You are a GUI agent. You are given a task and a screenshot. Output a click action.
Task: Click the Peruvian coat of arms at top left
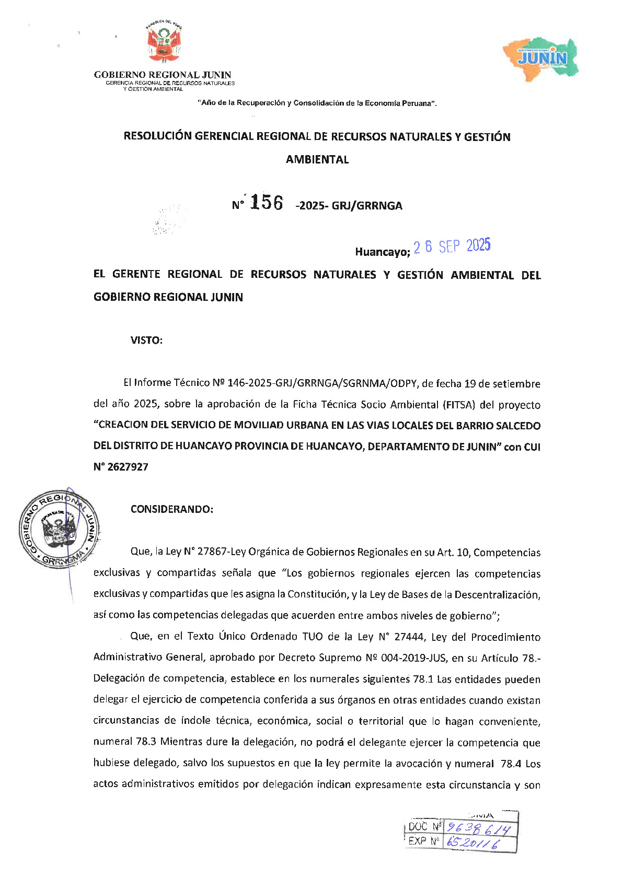pyautogui.click(x=164, y=44)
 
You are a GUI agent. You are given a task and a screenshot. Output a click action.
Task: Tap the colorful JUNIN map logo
pyautogui.click(x=542, y=58)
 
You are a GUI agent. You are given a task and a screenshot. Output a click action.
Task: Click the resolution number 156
pyautogui.click(x=267, y=203)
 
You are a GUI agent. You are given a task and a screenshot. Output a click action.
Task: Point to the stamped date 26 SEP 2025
pyautogui.click(x=452, y=247)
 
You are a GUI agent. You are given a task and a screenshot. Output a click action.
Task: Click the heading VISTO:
pyautogui.click(x=146, y=341)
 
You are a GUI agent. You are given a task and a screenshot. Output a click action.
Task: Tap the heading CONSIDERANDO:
pyautogui.click(x=171, y=509)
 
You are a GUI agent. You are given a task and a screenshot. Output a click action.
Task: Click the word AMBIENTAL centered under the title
pyautogui.click(x=317, y=160)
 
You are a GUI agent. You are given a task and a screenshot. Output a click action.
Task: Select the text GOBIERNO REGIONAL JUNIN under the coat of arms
pyautogui.click(x=163, y=75)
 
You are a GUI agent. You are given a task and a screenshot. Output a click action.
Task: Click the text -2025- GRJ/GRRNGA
pyautogui.click(x=349, y=206)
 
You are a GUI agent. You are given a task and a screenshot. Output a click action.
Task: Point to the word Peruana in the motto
pyautogui.click(x=417, y=103)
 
